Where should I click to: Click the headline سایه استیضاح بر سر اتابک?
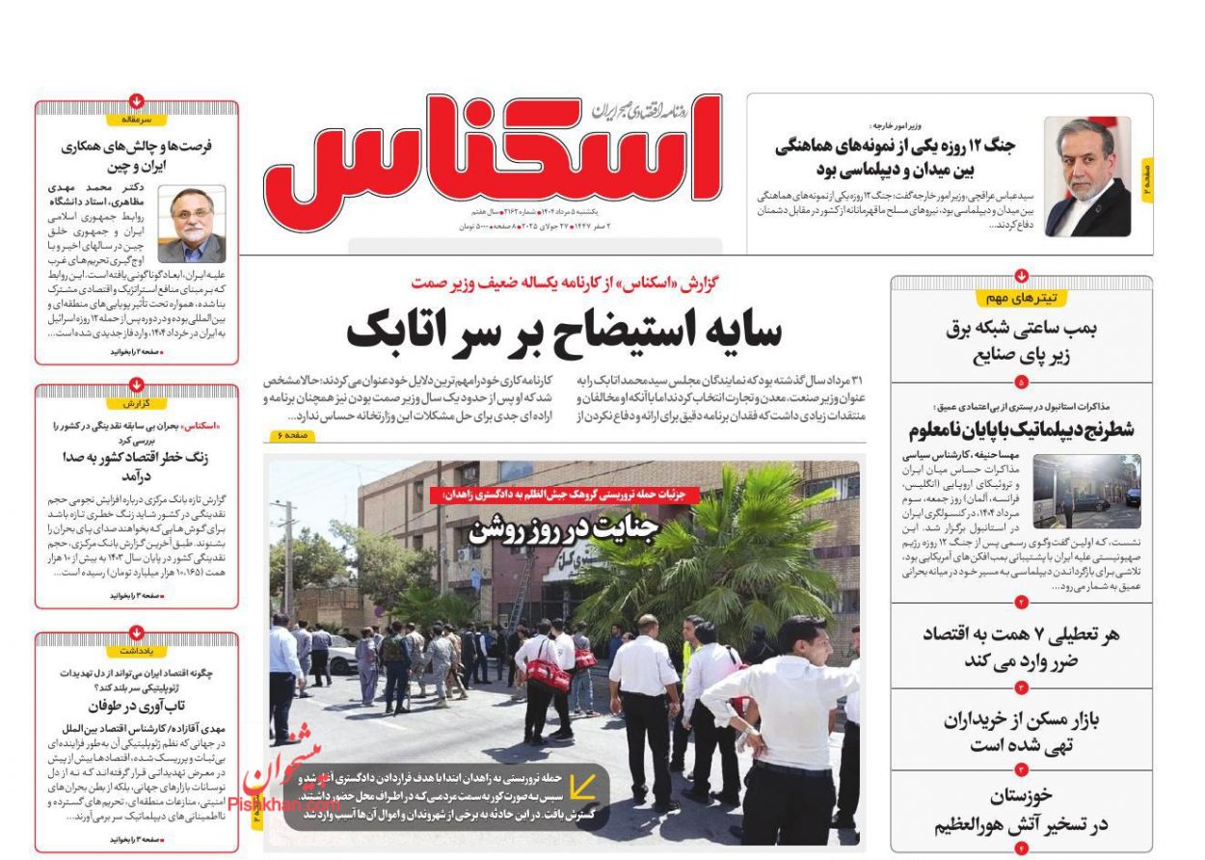564,331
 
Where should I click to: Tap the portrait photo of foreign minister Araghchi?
1087,177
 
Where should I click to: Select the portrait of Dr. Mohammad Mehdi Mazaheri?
192,225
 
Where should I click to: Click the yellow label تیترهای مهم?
1021,299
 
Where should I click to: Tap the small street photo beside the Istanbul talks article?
1085,492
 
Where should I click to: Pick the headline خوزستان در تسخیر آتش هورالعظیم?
1021,811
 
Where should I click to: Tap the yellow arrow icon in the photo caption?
581,789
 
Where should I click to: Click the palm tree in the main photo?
713,550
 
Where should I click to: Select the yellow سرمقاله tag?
137,121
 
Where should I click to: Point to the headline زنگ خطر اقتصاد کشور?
137,467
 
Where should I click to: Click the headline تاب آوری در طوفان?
137,706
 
